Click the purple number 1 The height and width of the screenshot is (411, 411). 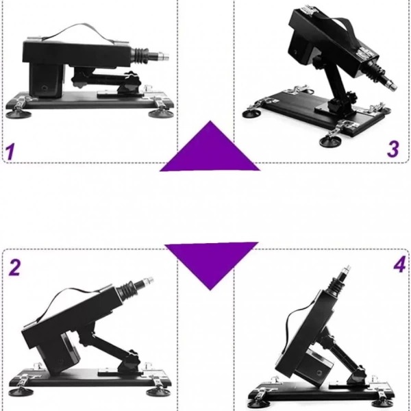10,151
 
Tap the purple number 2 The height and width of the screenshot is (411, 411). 14,267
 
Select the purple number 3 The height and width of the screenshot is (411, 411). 393,149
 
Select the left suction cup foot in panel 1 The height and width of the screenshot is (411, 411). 18,114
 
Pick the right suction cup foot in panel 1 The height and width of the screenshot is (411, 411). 160,114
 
